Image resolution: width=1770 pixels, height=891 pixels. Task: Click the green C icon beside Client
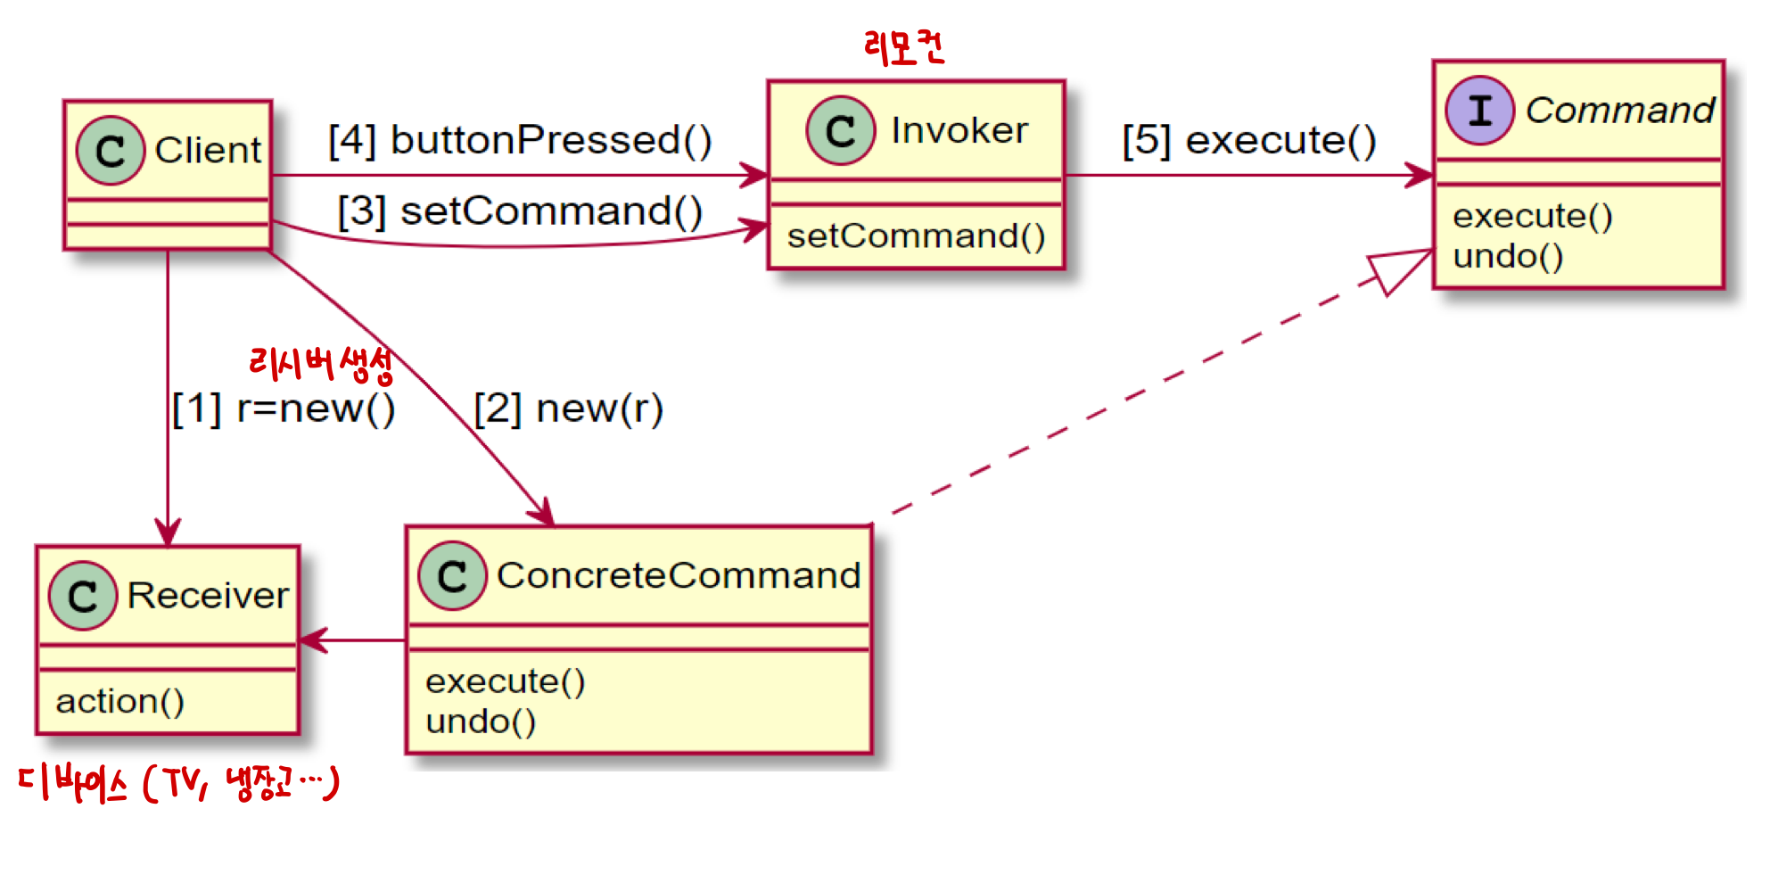pyautogui.click(x=110, y=151)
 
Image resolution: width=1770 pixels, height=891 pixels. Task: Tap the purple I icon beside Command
pyautogui.click(x=1479, y=111)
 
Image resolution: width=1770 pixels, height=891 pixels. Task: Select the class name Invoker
pyautogui.click(x=959, y=131)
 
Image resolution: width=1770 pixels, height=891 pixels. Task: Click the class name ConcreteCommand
pyautogui.click(x=679, y=575)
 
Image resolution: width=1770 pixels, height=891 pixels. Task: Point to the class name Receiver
pyautogui.click(x=208, y=596)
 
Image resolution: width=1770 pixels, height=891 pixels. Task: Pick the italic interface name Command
pyautogui.click(x=1619, y=111)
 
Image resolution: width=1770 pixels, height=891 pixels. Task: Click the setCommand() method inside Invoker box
pyautogui.click(x=916, y=236)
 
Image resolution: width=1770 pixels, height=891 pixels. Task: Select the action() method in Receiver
pyautogui.click(x=119, y=702)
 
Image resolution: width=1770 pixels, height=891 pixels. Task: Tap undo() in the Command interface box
pyautogui.click(x=1507, y=257)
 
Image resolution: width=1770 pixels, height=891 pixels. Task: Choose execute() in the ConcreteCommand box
pyautogui.click(x=505, y=681)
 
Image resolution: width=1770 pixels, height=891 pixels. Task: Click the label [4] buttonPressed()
pyautogui.click(x=520, y=140)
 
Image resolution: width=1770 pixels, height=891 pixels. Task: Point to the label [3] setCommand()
pyautogui.click(x=520, y=211)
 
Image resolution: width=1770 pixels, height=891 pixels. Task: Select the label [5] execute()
pyautogui.click(x=1248, y=140)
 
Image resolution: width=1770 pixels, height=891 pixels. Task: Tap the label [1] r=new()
pyautogui.click(x=284, y=409)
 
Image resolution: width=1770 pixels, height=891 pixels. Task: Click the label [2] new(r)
pyautogui.click(x=568, y=409)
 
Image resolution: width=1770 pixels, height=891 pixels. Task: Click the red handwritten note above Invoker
pyautogui.click(x=904, y=46)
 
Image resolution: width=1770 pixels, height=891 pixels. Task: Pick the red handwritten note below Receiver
pyautogui.click(x=178, y=784)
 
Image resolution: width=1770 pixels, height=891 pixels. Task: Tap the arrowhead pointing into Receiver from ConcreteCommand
pyautogui.click(x=312, y=640)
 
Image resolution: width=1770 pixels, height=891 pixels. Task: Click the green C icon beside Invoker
pyautogui.click(x=840, y=131)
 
